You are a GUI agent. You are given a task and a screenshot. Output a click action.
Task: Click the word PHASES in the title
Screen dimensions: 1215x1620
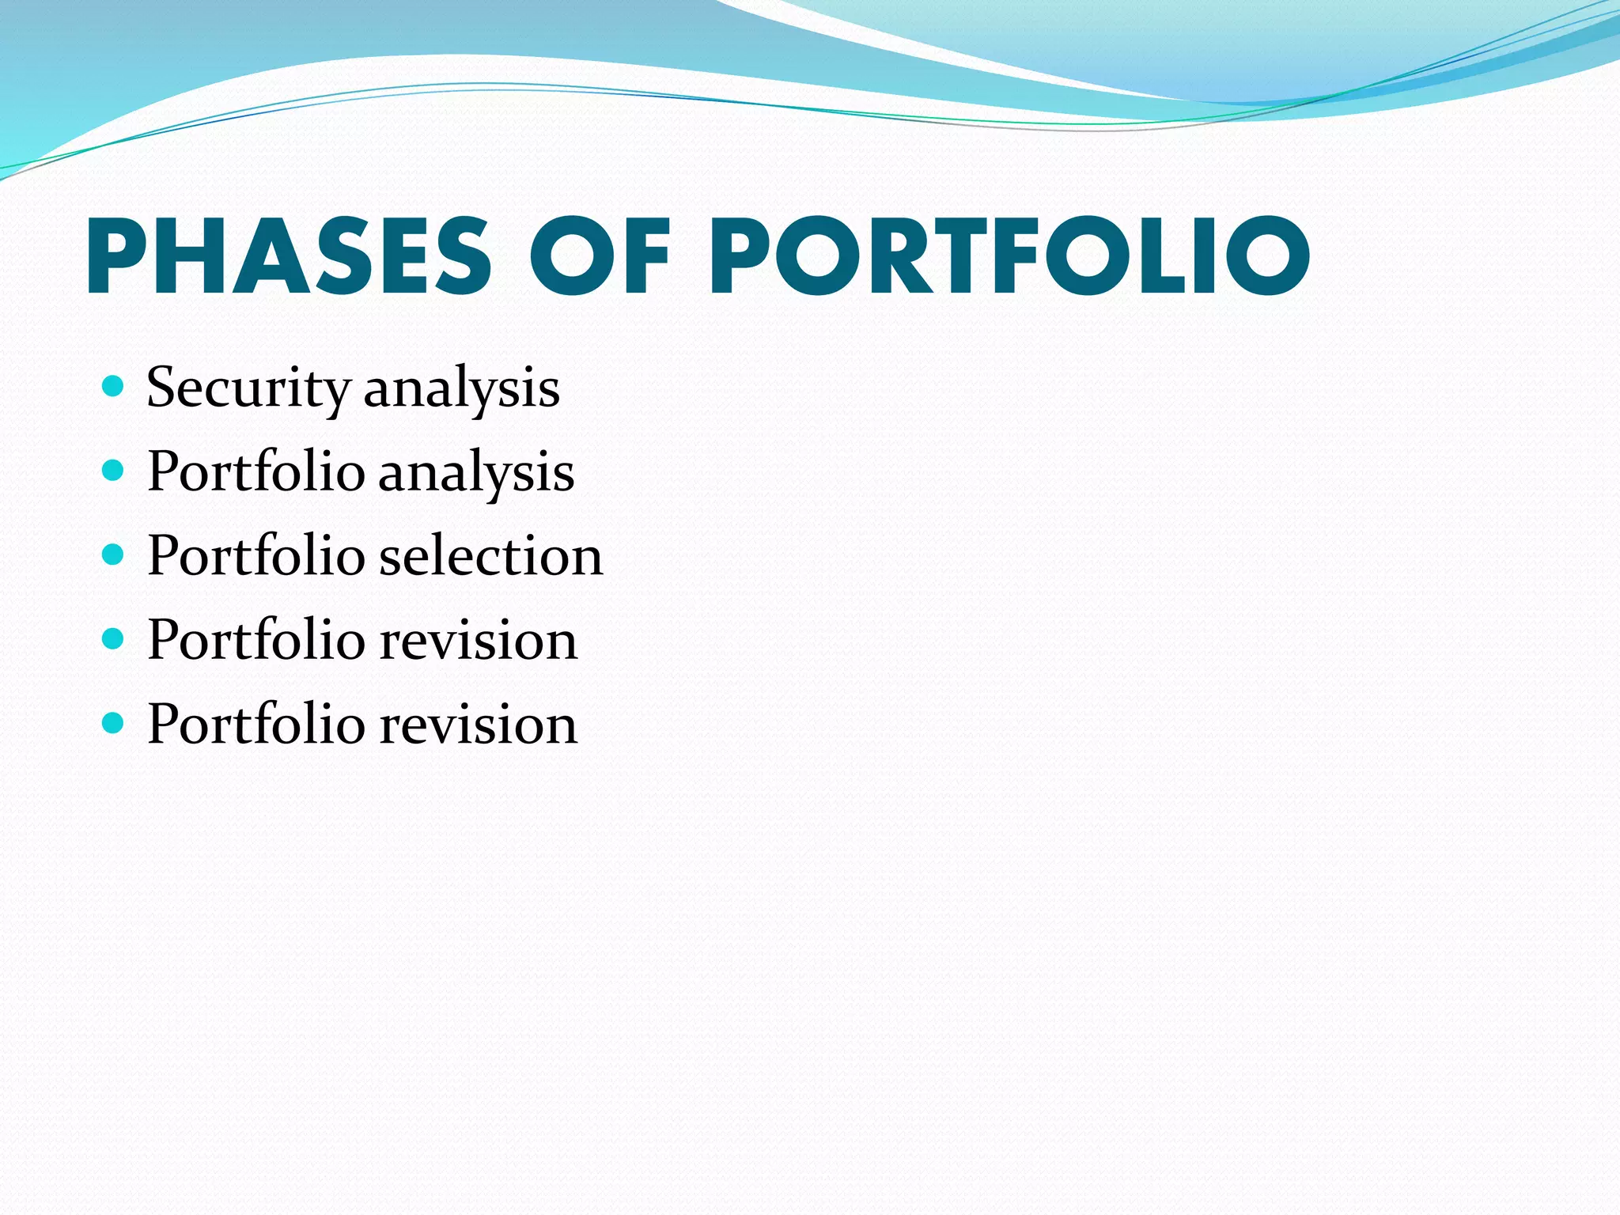290,255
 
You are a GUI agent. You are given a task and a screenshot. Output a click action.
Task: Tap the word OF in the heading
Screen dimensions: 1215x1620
600,255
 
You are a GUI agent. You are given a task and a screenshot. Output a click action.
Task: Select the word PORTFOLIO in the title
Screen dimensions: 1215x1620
1009,255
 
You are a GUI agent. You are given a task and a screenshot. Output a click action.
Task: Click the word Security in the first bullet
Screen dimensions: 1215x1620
248,388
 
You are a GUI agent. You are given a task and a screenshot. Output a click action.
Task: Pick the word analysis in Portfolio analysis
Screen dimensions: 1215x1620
476,472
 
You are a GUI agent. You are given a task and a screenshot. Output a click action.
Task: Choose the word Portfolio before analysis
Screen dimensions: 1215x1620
256,472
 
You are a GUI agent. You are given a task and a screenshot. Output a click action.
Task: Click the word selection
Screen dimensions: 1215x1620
491,556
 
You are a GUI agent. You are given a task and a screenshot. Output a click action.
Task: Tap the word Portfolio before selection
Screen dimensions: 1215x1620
256,556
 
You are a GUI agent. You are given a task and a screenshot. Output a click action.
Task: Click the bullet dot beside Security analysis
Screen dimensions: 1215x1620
114,386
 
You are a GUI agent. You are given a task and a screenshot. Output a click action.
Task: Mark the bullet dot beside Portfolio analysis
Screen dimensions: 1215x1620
114,471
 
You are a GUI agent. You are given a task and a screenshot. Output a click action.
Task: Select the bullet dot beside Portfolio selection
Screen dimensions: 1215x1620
114,555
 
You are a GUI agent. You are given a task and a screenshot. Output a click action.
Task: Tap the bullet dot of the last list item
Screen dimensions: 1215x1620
114,722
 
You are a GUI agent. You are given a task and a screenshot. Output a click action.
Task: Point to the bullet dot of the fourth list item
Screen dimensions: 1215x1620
114,638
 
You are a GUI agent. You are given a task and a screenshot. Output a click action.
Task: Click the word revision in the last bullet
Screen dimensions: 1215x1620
479,724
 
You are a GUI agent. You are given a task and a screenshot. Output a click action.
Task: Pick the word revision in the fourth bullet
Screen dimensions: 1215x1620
479,640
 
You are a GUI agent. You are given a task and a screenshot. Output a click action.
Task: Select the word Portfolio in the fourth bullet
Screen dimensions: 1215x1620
256,640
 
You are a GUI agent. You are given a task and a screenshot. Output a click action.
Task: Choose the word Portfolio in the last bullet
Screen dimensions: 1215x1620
256,724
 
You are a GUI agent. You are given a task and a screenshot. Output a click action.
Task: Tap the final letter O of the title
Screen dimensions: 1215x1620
1267,255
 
